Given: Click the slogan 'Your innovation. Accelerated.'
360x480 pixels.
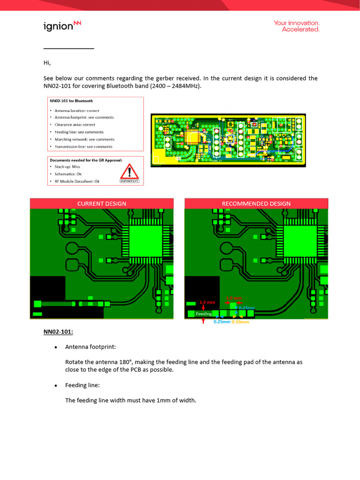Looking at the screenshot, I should (296, 26).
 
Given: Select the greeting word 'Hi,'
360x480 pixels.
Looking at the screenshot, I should (47, 63).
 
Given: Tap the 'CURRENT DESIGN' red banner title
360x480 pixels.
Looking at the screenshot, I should (102, 203).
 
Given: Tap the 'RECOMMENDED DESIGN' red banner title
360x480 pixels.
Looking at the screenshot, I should (256, 203).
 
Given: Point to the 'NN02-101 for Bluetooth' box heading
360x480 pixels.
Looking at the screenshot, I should (72, 101).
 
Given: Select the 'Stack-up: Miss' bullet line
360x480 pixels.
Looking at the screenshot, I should (67, 166).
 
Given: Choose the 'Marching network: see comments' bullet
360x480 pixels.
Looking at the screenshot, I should (84, 139).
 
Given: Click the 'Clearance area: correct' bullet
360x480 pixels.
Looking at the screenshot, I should (75, 125).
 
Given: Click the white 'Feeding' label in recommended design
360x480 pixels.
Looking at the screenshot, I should (203, 314).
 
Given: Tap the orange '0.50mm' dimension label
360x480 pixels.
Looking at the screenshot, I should (240, 322).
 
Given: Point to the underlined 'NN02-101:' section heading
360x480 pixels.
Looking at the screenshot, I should (58, 332).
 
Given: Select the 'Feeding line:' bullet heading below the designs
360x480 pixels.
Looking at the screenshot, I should (82, 385).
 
